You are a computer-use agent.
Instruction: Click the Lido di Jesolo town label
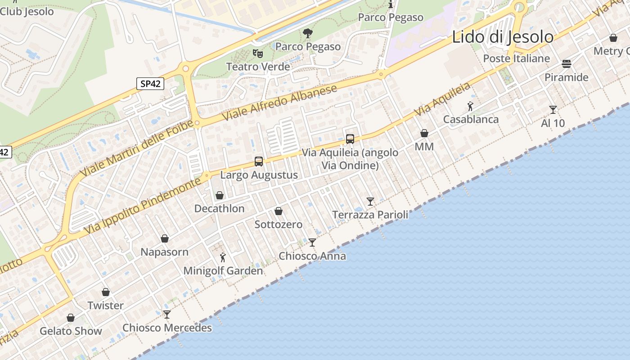[502, 37]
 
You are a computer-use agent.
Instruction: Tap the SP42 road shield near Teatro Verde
[150, 83]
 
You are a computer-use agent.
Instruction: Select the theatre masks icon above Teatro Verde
[257, 54]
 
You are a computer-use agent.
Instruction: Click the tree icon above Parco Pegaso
[308, 33]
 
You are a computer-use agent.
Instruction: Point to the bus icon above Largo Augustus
[258, 161]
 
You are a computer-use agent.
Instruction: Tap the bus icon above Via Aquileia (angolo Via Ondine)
[350, 139]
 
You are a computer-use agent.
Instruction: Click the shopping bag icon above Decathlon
[220, 195]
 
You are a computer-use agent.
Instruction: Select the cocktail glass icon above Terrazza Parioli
[370, 201]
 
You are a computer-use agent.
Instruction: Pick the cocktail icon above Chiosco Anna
[312, 243]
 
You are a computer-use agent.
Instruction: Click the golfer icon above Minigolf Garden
[223, 257]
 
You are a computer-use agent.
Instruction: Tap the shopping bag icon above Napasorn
[165, 238]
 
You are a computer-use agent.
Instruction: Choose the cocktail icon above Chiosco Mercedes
[167, 314]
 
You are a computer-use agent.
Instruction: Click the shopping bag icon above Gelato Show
[71, 318]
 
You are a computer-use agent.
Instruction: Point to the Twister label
[105, 306]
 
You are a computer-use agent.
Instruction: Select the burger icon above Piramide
[566, 64]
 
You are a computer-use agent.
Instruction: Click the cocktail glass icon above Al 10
[553, 109]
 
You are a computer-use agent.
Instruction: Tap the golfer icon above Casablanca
[470, 106]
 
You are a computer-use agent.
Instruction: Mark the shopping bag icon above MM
[424, 133]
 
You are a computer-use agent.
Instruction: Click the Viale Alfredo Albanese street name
[279, 103]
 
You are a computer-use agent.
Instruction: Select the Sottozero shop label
[279, 224]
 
